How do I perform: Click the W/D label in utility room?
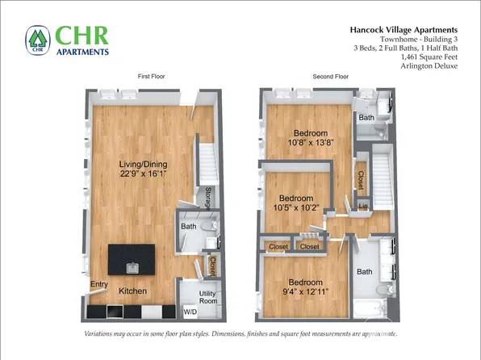(x=190, y=312)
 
